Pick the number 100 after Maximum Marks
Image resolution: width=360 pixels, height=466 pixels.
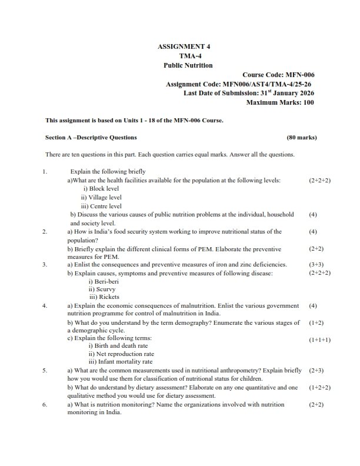point(305,102)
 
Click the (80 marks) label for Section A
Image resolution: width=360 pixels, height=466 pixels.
point(301,138)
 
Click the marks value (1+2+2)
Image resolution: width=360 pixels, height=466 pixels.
point(319,388)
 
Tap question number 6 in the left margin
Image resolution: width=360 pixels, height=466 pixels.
point(44,405)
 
